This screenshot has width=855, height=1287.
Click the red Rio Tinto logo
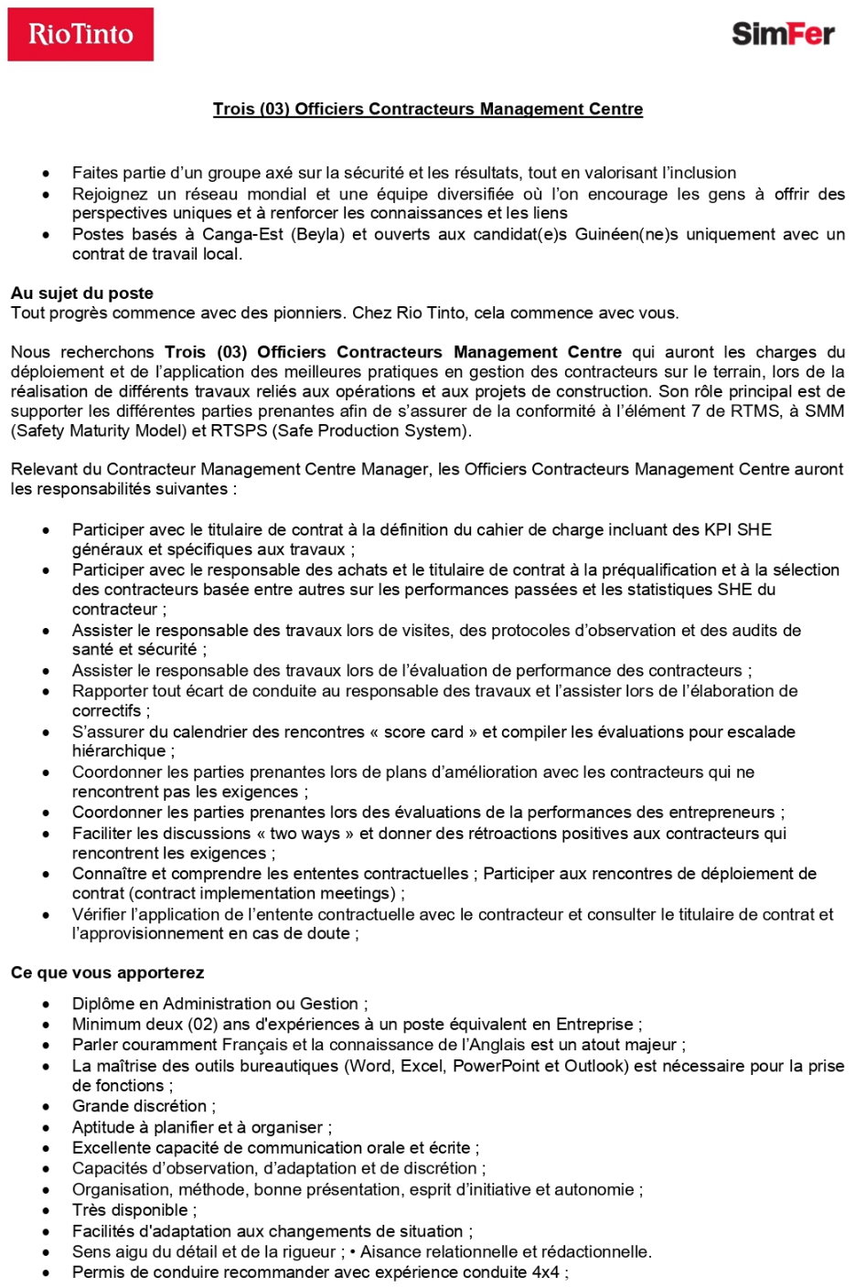pos(80,35)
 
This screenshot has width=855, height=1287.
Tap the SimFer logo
pos(783,35)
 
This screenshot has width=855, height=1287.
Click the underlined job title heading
pos(428,109)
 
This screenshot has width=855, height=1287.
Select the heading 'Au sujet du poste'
pos(82,293)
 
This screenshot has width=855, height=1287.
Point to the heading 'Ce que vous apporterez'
pos(107,973)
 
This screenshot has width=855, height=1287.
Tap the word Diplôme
pos(103,1004)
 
